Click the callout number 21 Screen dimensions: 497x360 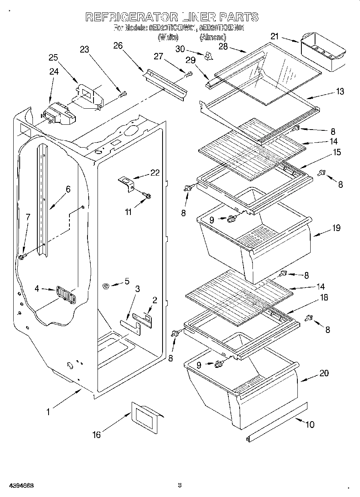274,37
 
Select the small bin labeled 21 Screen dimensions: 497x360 323,51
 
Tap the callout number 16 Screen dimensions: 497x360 96,434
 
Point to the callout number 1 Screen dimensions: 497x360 48,411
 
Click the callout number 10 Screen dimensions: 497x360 310,424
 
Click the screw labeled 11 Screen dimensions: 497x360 147,195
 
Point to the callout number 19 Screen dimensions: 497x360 336,228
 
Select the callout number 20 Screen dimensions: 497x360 324,373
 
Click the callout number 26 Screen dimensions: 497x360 118,46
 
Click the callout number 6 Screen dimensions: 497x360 68,189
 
